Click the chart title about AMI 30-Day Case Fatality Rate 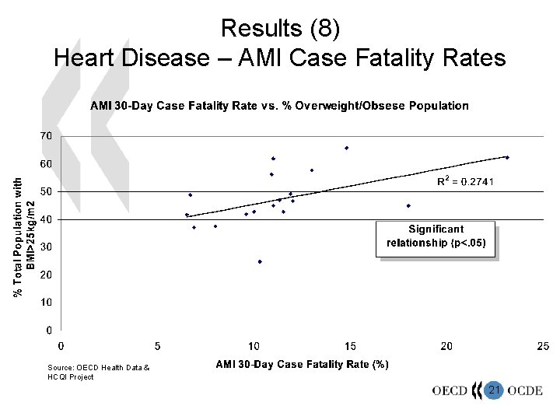(279, 105)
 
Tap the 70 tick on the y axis (46, 136)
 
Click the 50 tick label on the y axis (46, 191)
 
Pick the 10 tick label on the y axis (46, 302)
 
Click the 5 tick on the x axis (158, 345)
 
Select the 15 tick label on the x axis (350, 345)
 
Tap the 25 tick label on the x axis (542, 345)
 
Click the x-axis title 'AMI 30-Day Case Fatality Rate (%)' (303, 364)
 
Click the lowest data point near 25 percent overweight (260, 261)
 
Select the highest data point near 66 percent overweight (347, 148)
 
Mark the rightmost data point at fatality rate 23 (507, 157)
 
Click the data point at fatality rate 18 (408, 206)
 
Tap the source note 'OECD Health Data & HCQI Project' (92, 372)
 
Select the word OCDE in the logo (525, 390)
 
